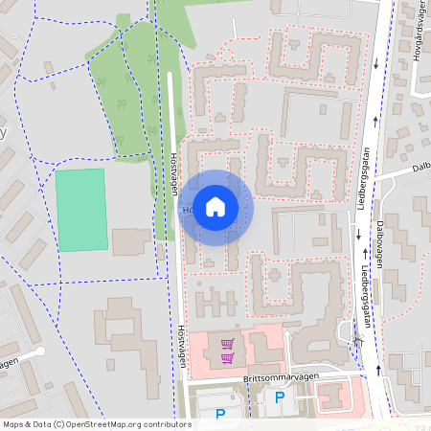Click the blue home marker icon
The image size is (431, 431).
[x=215, y=207]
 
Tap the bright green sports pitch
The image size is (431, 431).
[x=80, y=211]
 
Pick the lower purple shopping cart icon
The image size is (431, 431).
[x=227, y=359]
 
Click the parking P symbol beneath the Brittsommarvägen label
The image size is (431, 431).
[x=280, y=397]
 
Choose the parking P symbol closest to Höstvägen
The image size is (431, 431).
[x=219, y=414]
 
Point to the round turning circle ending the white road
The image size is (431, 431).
[x=40, y=352]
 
